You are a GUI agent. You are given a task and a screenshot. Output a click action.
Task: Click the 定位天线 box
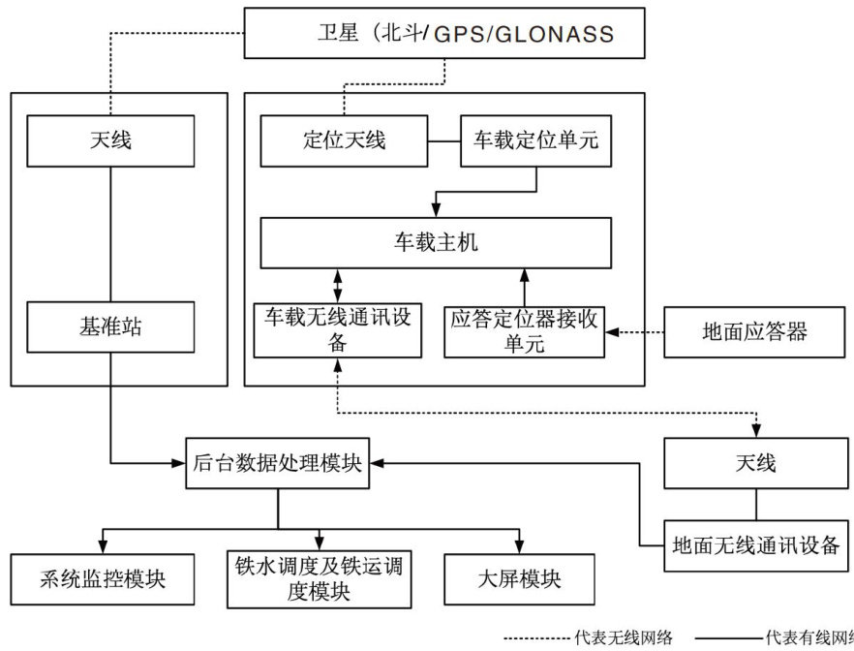[x=344, y=141]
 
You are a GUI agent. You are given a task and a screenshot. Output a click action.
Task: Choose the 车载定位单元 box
[x=535, y=141]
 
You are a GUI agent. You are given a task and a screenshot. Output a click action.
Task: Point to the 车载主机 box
[x=436, y=242]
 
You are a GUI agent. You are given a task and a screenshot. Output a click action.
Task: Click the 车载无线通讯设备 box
[x=337, y=330]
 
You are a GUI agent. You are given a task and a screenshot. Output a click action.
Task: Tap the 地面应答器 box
[x=754, y=331]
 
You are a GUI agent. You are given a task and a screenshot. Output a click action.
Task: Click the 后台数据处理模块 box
[x=278, y=463]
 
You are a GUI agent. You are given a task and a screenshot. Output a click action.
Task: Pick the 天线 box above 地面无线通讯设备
[x=755, y=463]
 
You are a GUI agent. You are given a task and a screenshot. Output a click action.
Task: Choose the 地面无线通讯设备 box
[x=755, y=545]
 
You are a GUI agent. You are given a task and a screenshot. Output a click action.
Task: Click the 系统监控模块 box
[x=103, y=579]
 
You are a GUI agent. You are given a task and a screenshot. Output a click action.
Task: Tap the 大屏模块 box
[x=520, y=579]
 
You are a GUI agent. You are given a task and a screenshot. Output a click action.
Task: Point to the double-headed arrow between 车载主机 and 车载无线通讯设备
[x=337, y=286]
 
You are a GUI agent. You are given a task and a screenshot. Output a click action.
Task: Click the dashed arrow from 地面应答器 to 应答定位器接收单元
[x=634, y=331]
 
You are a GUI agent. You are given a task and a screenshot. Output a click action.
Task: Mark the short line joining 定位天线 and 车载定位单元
[x=443, y=141]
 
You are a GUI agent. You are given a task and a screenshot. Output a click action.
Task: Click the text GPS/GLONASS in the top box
[x=524, y=35]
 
